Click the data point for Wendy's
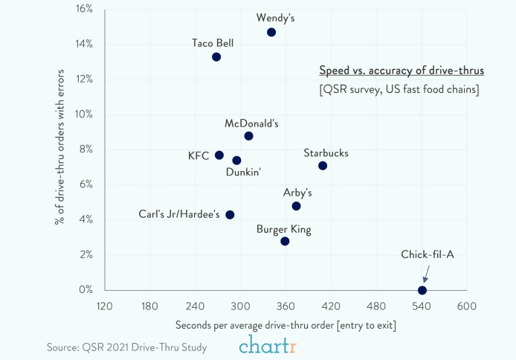(271, 32)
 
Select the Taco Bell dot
(216, 57)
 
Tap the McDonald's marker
(248, 136)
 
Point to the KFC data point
(219, 155)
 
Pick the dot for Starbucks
(323, 165)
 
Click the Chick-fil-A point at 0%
(422, 290)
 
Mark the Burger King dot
(285, 241)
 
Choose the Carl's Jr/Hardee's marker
(230, 215)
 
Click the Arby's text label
(297, 193)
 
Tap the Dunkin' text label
(244, 173)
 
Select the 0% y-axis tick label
(86, 289)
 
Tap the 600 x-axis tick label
(467, 306)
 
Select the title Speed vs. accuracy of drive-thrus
(401, 71)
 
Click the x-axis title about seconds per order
(286, 325)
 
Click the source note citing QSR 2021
(126, 347)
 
